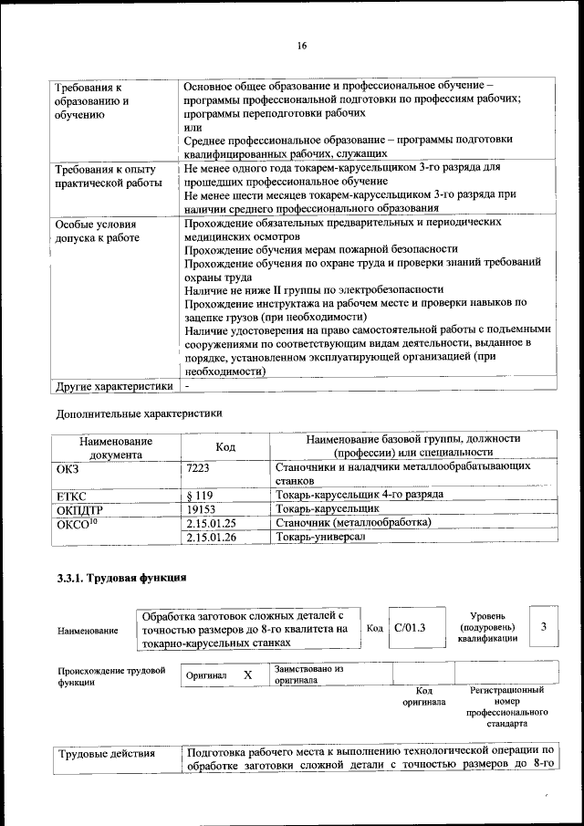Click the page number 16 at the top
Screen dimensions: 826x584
302,46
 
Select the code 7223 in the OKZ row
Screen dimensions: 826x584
198,466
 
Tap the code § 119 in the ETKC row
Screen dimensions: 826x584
199,495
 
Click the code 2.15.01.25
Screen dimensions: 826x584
211,523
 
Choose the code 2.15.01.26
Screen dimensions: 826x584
211,538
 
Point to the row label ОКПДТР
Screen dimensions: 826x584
80,508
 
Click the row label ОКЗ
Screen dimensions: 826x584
68,466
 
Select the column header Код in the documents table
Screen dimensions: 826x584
225,446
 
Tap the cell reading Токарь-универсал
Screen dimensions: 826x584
319,538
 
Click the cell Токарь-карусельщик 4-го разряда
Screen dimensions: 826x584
360,495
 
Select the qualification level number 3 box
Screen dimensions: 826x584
543,627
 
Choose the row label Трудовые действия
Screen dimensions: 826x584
106,754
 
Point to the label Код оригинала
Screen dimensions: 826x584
423,696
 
